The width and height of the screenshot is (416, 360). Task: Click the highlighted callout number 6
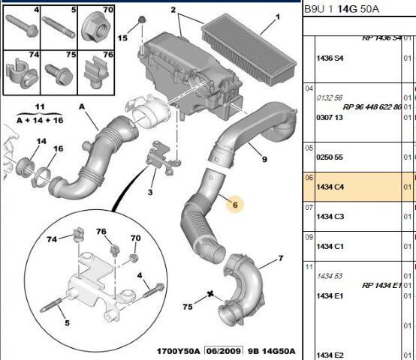234,204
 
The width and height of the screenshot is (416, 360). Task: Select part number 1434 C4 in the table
330,185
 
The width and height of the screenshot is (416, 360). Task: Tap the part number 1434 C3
330,217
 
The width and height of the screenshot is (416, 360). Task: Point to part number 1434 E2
330,355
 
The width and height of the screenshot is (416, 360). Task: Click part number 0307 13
330,117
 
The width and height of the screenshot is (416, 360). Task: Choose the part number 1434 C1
330,247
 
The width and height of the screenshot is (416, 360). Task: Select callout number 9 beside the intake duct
264,159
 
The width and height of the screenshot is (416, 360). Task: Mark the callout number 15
122,37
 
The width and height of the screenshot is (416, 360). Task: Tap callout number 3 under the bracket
150,193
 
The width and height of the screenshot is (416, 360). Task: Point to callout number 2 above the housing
173,10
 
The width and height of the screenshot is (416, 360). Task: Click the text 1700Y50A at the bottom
176,351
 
